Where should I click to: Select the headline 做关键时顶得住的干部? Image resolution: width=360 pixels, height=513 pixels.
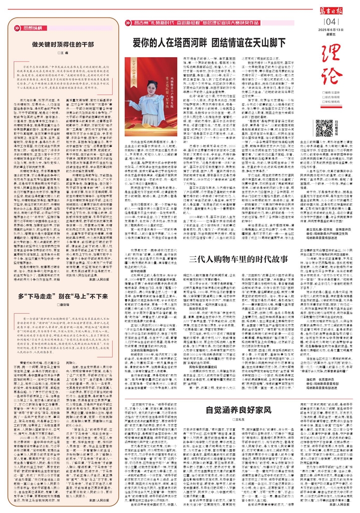click(63, 44)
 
